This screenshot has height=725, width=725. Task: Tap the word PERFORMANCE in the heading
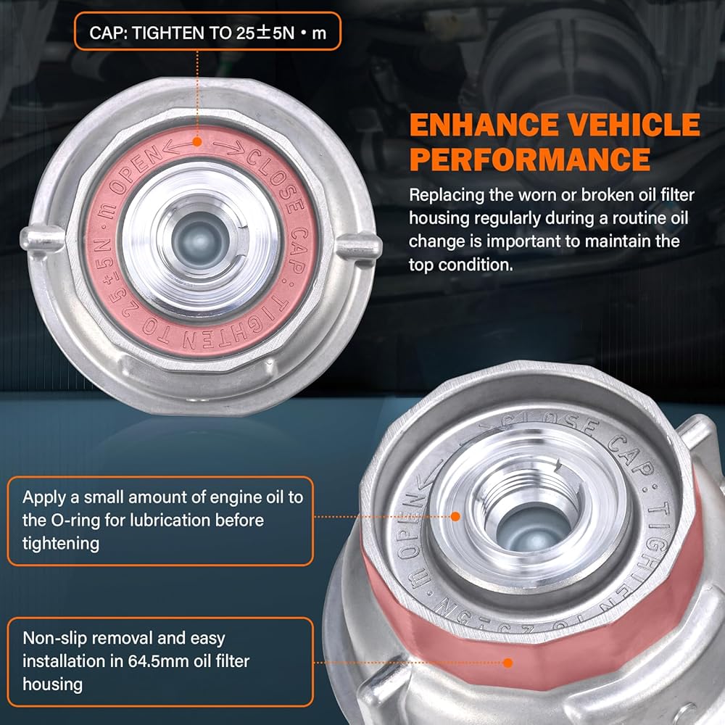(531, 159)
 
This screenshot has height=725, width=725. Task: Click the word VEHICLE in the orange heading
(634, 125)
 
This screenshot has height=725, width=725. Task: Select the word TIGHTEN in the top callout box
(167, 33)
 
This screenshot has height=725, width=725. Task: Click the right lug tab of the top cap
(359, 245)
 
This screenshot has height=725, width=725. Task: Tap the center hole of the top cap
(200, 241)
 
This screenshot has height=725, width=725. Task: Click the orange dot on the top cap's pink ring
(197, 141)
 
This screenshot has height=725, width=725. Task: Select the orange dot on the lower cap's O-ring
(455, 516)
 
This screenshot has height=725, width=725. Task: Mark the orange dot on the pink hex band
(507, 663)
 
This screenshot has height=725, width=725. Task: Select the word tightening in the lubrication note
(61, 544)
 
